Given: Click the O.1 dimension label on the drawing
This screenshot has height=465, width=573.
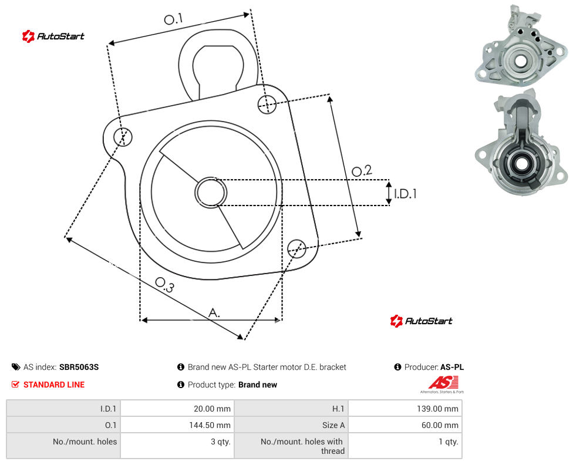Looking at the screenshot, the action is [173, 19].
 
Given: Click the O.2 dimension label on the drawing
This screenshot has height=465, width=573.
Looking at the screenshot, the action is [362, 170].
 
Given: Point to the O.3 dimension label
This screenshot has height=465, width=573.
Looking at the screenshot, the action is [164, 285].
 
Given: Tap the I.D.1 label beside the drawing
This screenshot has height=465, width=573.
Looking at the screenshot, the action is [405, 193].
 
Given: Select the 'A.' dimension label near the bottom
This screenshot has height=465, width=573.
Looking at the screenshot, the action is [214, 313].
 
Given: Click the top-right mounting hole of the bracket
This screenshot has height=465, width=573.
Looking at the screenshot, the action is [267, 104].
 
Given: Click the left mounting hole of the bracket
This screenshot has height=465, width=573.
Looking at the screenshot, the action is [123, 137].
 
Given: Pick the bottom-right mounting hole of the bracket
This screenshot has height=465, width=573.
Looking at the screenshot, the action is [296, 249].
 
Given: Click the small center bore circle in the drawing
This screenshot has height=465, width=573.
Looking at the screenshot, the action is [211, 193].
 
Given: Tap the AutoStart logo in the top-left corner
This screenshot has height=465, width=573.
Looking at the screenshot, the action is [53, 36].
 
